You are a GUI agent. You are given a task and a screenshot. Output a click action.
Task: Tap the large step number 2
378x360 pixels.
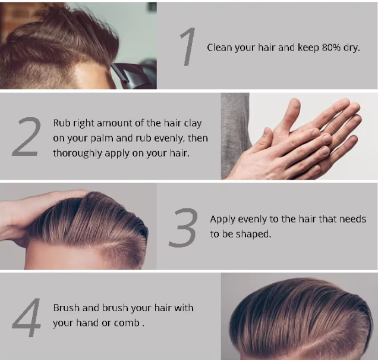[x=27, y=137]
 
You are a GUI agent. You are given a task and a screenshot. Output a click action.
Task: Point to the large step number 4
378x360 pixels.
[x=27, y=315]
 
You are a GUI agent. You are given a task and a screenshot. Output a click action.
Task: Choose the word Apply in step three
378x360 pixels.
[x=223, y=220]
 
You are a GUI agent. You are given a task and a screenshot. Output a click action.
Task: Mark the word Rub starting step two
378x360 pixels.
[x=61, y=123]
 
